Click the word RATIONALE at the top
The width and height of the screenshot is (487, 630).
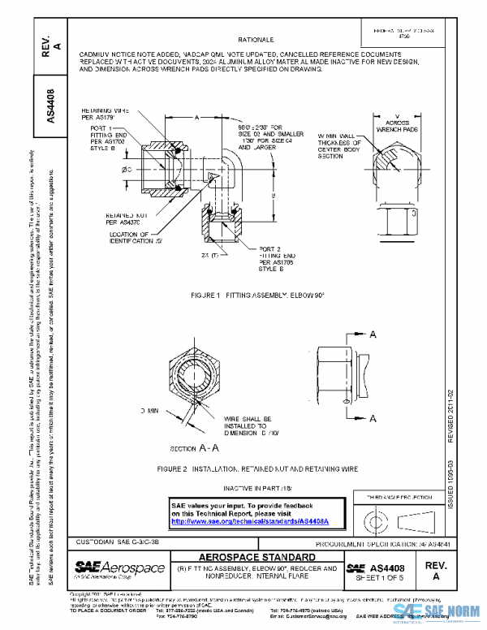pos(256,38)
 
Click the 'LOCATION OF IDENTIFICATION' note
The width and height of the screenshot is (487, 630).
pos(138,238)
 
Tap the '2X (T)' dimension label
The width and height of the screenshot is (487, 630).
pos(208,255)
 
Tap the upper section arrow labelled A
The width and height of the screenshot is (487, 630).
pos(373,334)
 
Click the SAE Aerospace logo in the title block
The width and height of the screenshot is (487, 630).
pos(120,567)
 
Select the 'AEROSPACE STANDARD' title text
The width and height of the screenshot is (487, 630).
pos(257,557)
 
